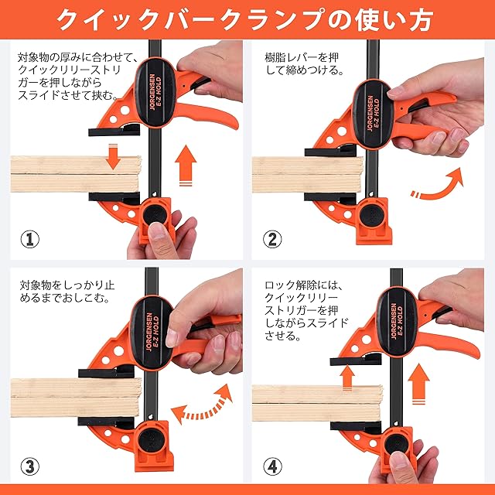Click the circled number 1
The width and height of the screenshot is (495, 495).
(x=30, y=239)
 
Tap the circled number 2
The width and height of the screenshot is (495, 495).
(x=272, y=239)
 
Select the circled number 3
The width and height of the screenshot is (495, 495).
(x=30, y=466)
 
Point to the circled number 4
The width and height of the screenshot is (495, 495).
(x=272, y=466)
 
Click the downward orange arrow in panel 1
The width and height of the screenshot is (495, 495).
(x=113, y=156)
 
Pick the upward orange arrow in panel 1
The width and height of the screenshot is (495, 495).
(x=186, y=165)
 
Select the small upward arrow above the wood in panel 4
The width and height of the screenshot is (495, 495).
(x=347, y=377)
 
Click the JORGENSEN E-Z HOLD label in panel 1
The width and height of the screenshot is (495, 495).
(x=155, y=92)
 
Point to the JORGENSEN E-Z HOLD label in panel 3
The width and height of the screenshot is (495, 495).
(x=153, y=332)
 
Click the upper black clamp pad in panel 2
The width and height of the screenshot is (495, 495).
(x=330, y=152)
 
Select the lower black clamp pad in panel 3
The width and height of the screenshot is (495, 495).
(x=106, y=421)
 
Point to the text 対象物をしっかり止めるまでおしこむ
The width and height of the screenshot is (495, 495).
(x=67, y=292)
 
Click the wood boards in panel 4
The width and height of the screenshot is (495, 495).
(x=316, y=403)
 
